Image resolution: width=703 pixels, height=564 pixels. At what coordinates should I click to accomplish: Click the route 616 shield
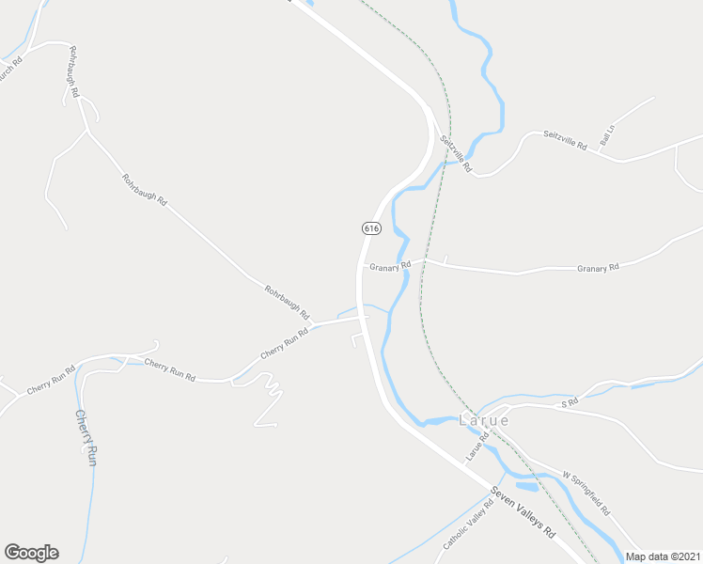[x=370, y=228]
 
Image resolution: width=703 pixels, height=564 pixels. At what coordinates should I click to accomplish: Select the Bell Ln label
[x=606, y=135]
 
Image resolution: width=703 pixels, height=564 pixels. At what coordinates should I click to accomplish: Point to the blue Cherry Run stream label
[x=86, y=437]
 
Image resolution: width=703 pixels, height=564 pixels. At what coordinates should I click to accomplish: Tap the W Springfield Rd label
[x=587, y=493]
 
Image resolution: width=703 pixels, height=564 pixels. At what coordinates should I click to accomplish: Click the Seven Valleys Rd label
[x=523, y=513]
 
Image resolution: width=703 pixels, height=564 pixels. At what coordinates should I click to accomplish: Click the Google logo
[x=31, y=553]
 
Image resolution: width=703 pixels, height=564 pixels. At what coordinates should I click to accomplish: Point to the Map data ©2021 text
[x=664, y=556]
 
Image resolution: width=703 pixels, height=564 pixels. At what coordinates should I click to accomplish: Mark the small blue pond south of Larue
[x=524, y=487]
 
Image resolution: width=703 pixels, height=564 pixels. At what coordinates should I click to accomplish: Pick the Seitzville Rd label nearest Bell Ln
[x=565, y=140]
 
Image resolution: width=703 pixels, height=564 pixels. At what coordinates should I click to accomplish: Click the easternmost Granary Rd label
[x=598, y=268]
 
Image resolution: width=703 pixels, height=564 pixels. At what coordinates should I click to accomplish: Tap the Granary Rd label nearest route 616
[x=390, y=266]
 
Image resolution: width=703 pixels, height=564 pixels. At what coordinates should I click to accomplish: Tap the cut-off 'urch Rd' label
[x=9, y=67]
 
